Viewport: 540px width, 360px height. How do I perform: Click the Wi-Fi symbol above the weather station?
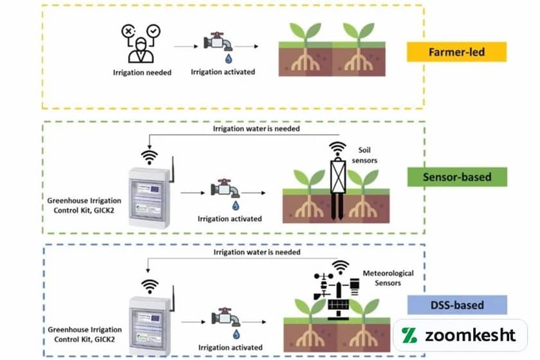point(341,266)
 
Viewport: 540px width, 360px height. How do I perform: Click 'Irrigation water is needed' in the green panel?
point(256,129)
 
